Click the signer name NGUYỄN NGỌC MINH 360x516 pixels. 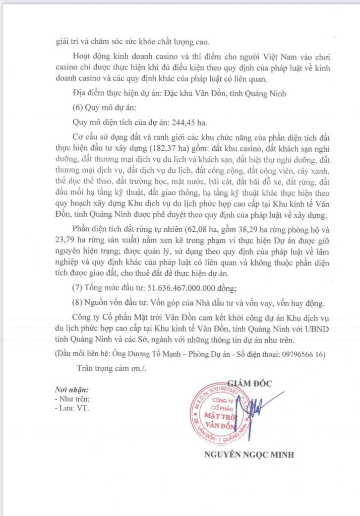tap(249, 455)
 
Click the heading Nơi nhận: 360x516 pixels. tap(72, 390)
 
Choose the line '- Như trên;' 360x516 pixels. tap(73, 399)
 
